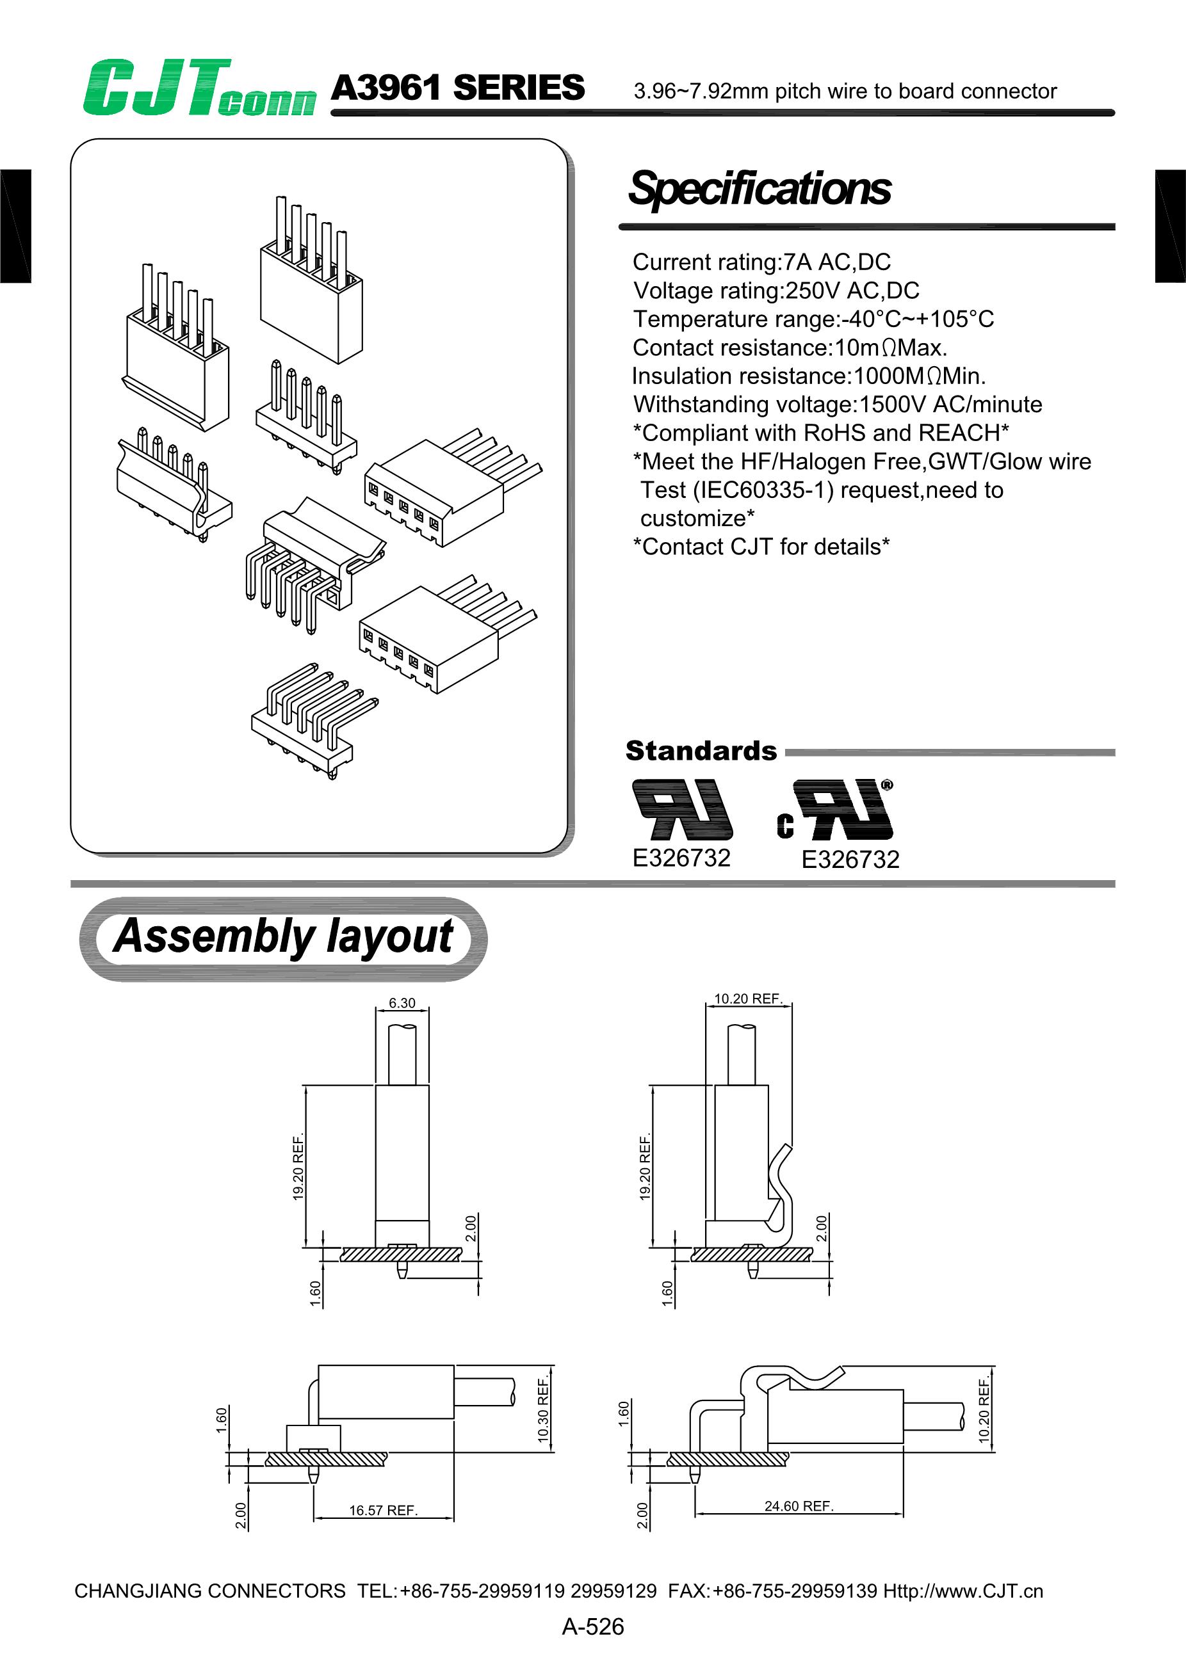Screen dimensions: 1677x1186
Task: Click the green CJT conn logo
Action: tap(199, 88)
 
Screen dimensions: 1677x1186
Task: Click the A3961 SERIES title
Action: tap(457, 88)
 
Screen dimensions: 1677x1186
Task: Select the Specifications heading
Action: tap(760, 188)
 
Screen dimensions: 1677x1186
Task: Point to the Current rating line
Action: tap(761, 262)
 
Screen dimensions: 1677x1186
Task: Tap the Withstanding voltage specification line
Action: tap(838, 405)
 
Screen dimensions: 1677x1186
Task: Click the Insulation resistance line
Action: tap(809, 376)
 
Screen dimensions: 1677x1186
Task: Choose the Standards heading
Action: tap(701, 751)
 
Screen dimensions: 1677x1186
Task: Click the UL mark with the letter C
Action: tap(835, 811)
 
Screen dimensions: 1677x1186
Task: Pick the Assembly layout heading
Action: tap(283, 937)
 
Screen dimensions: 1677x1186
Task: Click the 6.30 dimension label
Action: tap(402, 1003)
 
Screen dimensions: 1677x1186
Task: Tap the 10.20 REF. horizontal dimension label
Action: tap(748, 999)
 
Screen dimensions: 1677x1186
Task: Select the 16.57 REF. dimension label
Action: tap(383, 1511)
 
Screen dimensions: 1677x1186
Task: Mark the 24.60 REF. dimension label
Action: tap(799, 1506)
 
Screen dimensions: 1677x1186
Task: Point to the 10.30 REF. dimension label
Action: tap(543, 1409)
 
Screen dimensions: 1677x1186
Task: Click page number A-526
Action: tap(592, 1626)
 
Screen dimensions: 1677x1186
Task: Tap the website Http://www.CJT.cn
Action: tap(963, 1591)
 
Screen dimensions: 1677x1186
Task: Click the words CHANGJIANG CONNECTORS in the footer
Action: tap(209, 1591)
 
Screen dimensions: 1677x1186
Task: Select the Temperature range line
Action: tap(813, 319)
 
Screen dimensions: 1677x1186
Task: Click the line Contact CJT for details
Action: tap(761, 547)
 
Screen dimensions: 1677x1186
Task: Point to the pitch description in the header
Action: tap(845, 92)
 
